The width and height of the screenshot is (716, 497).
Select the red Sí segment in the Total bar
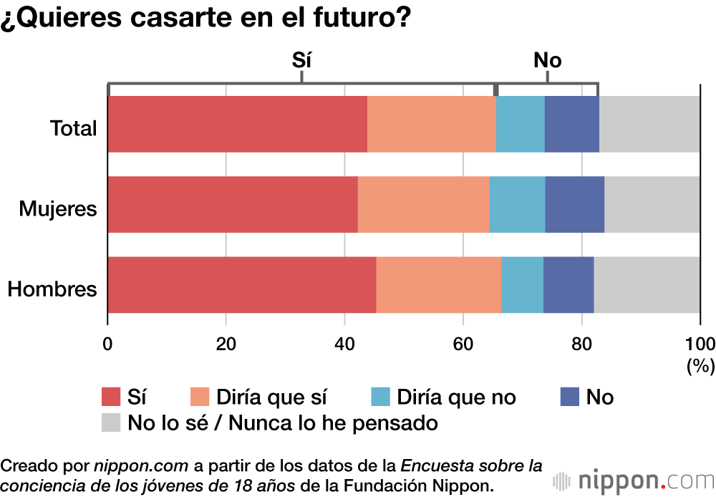coord(237,124)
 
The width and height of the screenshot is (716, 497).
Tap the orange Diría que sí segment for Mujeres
coord(423,204)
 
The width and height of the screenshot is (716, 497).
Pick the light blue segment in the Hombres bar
coord(522,284)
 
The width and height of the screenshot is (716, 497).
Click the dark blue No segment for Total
coord(571,124)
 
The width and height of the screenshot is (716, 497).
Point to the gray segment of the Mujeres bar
coord(652,204)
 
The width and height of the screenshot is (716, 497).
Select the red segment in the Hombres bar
coord(241,284)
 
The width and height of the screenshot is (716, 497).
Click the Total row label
coord(73,129)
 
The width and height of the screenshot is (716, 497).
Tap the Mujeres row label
coord(57,209)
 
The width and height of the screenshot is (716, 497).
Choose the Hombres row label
coord(52,289)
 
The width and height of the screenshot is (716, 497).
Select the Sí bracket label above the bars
coord(302,60)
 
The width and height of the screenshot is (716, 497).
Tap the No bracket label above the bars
coord(547,60)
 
